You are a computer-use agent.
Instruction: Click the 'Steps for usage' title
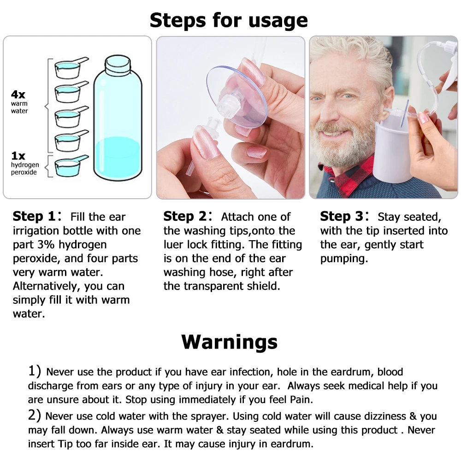point(229,20)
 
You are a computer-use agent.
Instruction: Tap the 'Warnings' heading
point(230,342)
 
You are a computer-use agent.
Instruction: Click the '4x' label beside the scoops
point(18,95)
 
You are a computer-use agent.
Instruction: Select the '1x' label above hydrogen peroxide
point(18,156)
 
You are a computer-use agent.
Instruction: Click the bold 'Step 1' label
point(34,217)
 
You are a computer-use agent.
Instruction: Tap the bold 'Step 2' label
point(185,217)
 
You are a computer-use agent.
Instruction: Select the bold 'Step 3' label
point(342,217)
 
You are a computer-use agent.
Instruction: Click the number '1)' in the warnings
point(35,371)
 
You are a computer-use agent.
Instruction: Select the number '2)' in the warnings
point(35,416)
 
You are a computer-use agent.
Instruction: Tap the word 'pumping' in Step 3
point(344,259)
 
